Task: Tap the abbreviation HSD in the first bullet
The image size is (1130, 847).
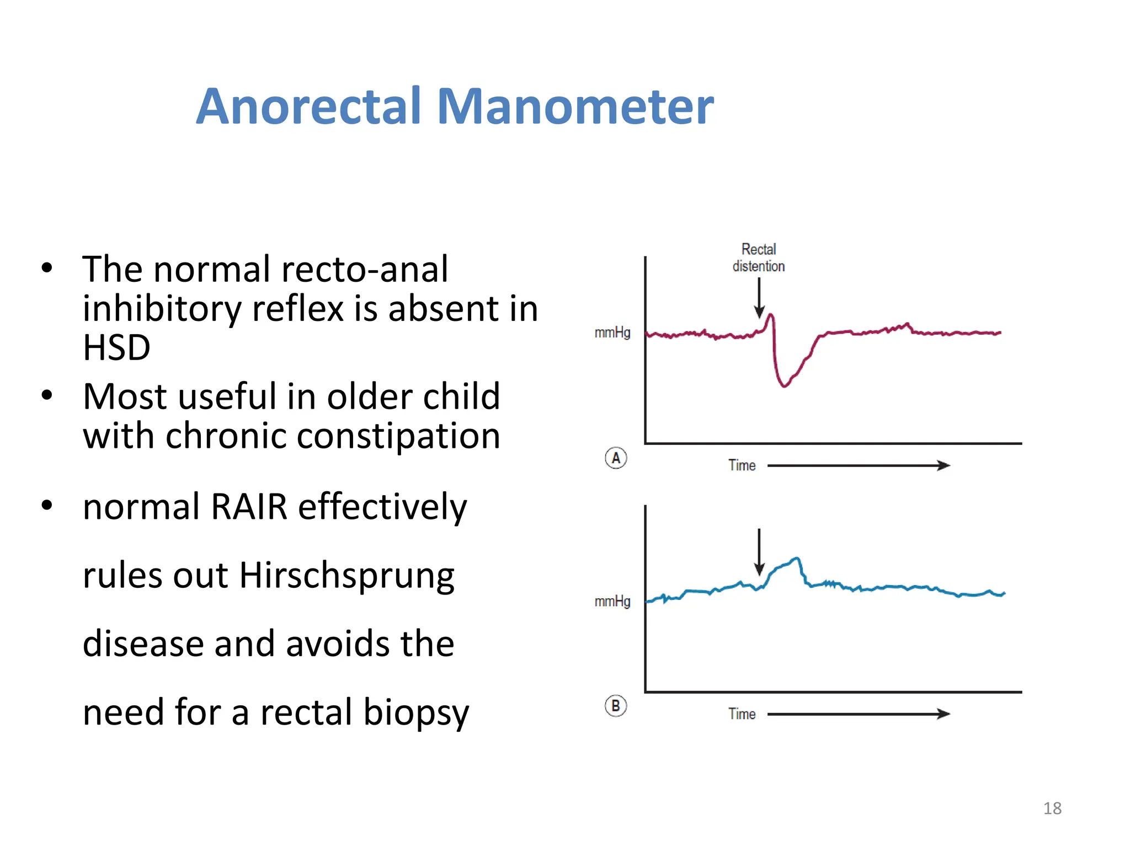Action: (116, 347)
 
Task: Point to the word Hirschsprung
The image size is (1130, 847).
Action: (347, 576)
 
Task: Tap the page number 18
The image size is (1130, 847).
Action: (1052, 808)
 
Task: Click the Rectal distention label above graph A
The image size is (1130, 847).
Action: (759, 258)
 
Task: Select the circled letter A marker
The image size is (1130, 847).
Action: (616, 458)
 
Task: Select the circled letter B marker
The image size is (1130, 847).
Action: (616, 706)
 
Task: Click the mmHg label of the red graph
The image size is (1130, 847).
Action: (612, 333)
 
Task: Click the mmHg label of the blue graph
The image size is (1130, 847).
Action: (612, 601)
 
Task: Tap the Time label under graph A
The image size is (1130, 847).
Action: (742, 465)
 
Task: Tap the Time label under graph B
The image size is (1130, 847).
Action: (742, 714)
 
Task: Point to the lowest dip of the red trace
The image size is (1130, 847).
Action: (784, 385)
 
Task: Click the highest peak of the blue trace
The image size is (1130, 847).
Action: (796, 559)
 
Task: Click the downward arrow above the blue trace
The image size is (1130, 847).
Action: (759, 551)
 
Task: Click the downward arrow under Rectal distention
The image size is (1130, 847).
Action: (759, 298)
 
